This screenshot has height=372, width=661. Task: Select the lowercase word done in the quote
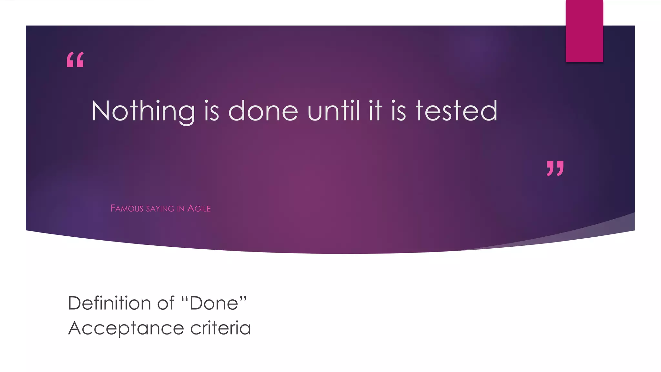(x=263, y=111)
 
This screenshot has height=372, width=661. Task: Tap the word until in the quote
(x=334, y=111)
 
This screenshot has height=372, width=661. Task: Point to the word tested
(x=456, y=111)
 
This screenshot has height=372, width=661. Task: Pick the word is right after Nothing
(x=212, y=111)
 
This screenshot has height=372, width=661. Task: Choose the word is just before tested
(x=398, y=111)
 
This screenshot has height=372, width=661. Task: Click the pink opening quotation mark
(x=75, y=60)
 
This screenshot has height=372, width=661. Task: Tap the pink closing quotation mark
(x=555, y=168)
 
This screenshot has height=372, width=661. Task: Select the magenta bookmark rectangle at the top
(x=584, y=31)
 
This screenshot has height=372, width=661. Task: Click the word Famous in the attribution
(x=127, y=209)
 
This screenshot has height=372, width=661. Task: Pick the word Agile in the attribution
(x=199, y=209)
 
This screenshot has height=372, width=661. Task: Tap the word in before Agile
(x=181, y=209)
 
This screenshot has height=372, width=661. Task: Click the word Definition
(x=109, y=303)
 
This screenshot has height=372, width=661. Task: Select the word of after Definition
(x=166, y=303)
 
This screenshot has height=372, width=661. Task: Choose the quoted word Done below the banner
(x=214, y=303)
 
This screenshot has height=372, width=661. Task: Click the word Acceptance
(x=126, y=328)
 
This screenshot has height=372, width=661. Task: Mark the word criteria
(x=220, y=328)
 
